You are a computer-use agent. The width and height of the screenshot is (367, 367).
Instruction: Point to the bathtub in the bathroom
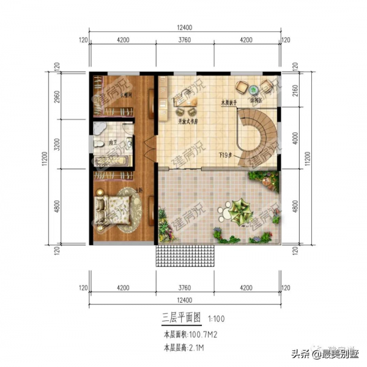[112, 161]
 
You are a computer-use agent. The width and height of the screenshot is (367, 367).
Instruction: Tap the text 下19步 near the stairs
[227, 156]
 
